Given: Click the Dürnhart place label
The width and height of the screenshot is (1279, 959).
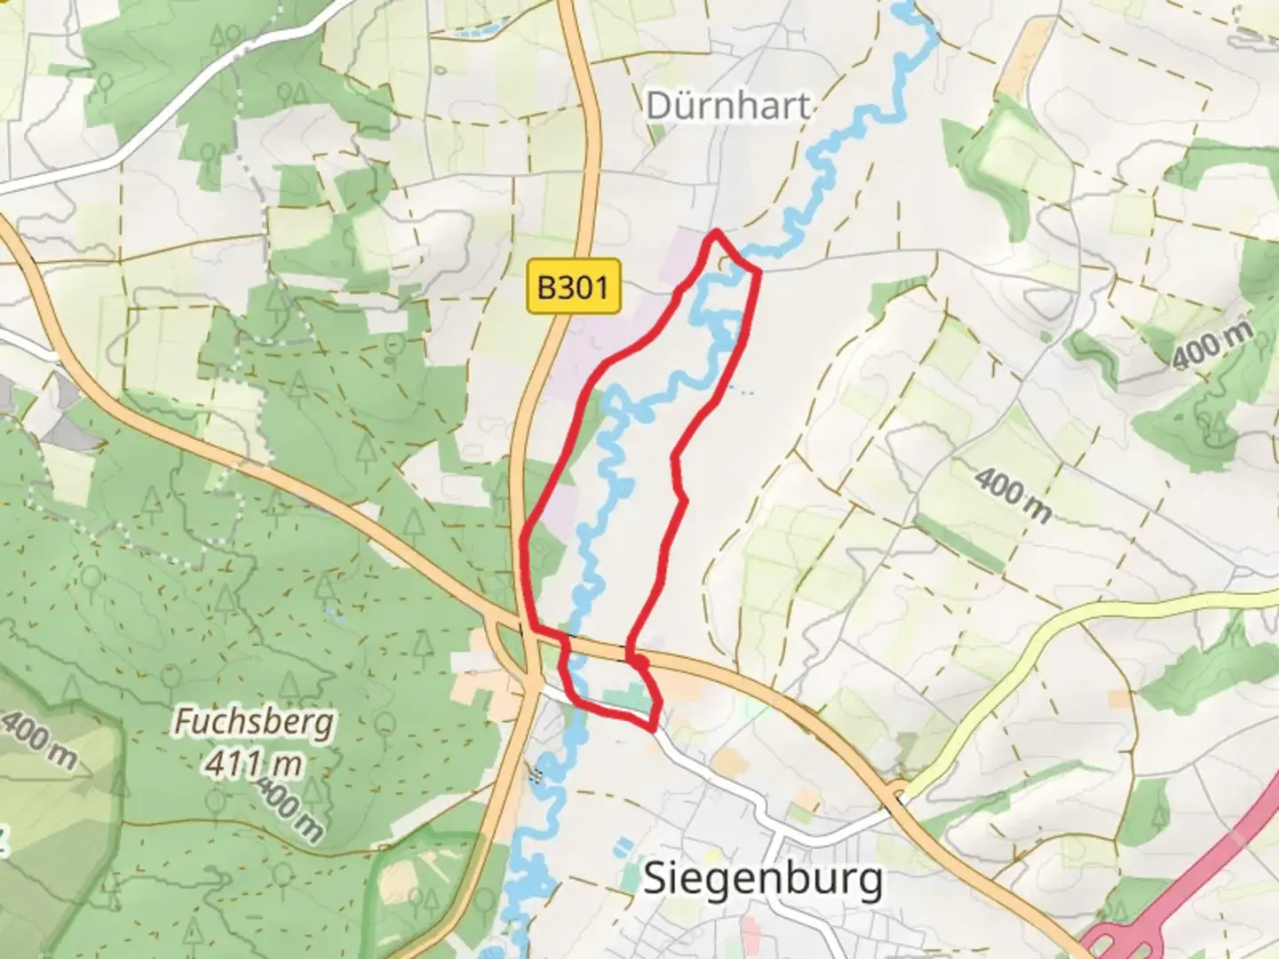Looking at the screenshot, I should coord(727,106).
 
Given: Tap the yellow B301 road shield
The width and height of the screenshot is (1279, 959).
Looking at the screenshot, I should coord(573,286).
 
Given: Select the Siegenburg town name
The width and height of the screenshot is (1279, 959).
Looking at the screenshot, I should coord(762,879).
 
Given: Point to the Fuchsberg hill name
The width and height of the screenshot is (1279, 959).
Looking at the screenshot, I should coord(254,721).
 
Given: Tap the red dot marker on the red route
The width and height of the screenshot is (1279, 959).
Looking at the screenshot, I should coord(639,661).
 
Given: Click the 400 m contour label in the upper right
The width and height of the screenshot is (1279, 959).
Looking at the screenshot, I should coord(1212,345).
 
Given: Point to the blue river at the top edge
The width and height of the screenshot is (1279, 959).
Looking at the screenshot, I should coord(906,11).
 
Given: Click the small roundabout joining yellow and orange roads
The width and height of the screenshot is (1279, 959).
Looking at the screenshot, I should coord(898,793).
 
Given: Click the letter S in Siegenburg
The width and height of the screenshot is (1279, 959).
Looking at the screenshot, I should coord(655,879).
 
